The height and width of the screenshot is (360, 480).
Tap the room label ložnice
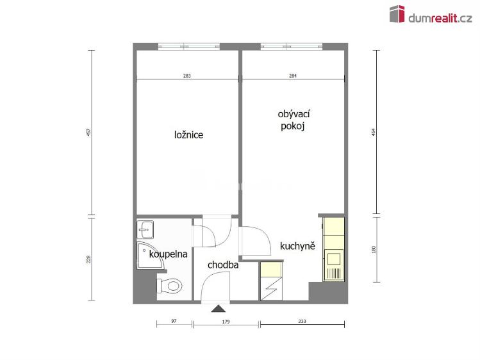click(188, 135)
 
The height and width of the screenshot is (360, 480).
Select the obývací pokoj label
click(294, 120)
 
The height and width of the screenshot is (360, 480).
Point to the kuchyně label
click(297, 246)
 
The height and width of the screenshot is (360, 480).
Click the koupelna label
click(168, 254)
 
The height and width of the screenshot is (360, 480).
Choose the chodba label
click(223, 265)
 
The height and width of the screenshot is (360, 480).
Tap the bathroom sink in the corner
click(145, 227)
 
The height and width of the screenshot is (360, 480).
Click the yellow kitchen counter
click(333, 249)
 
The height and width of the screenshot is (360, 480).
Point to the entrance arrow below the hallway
click(222, 309)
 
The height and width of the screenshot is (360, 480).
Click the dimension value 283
click(186, 76)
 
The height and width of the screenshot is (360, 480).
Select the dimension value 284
click(293, 76)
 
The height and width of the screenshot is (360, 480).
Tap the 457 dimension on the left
click(89, 133)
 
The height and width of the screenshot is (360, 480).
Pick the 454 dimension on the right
click(373, 132)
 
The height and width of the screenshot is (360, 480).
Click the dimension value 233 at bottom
click(302, 322)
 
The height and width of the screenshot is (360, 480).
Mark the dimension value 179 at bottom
click(226, 322)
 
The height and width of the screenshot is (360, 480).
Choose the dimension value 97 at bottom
click(174, 322)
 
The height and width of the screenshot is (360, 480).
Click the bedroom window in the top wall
click(188, 46)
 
